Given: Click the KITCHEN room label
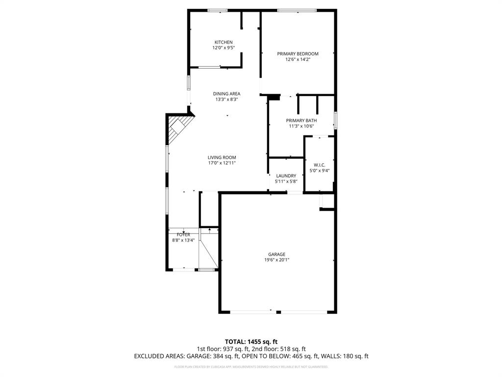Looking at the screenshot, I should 223,42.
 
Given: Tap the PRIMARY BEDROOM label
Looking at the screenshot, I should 298,54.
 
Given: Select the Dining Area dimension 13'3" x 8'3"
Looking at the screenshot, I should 227,99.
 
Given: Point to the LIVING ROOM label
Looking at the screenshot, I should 222,158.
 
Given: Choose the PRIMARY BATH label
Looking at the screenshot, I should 301,120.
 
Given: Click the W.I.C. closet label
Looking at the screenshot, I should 319,165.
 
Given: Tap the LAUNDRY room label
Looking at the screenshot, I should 286,176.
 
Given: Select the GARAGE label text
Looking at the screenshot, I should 276,254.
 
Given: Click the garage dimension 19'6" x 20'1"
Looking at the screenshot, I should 276,260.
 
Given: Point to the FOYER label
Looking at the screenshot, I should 183,235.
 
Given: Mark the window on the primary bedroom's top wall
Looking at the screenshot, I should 297,10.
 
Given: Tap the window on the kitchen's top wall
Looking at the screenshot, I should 217,10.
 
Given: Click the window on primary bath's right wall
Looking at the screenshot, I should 336,120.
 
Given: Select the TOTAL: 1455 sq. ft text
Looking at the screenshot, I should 251,342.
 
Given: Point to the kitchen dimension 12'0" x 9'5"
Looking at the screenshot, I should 223,48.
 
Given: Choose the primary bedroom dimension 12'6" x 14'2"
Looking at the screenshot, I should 298,59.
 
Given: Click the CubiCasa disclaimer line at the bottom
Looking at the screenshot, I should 251,367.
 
